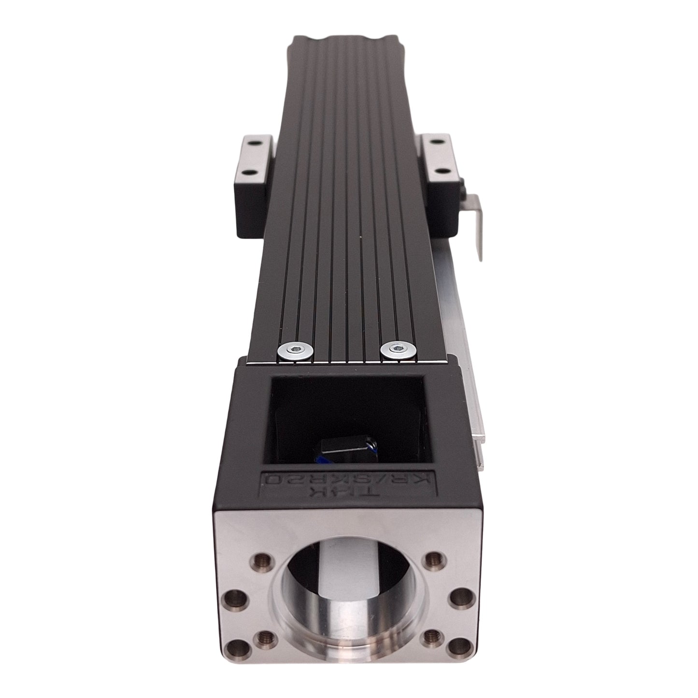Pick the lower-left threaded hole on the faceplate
(262, 636)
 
